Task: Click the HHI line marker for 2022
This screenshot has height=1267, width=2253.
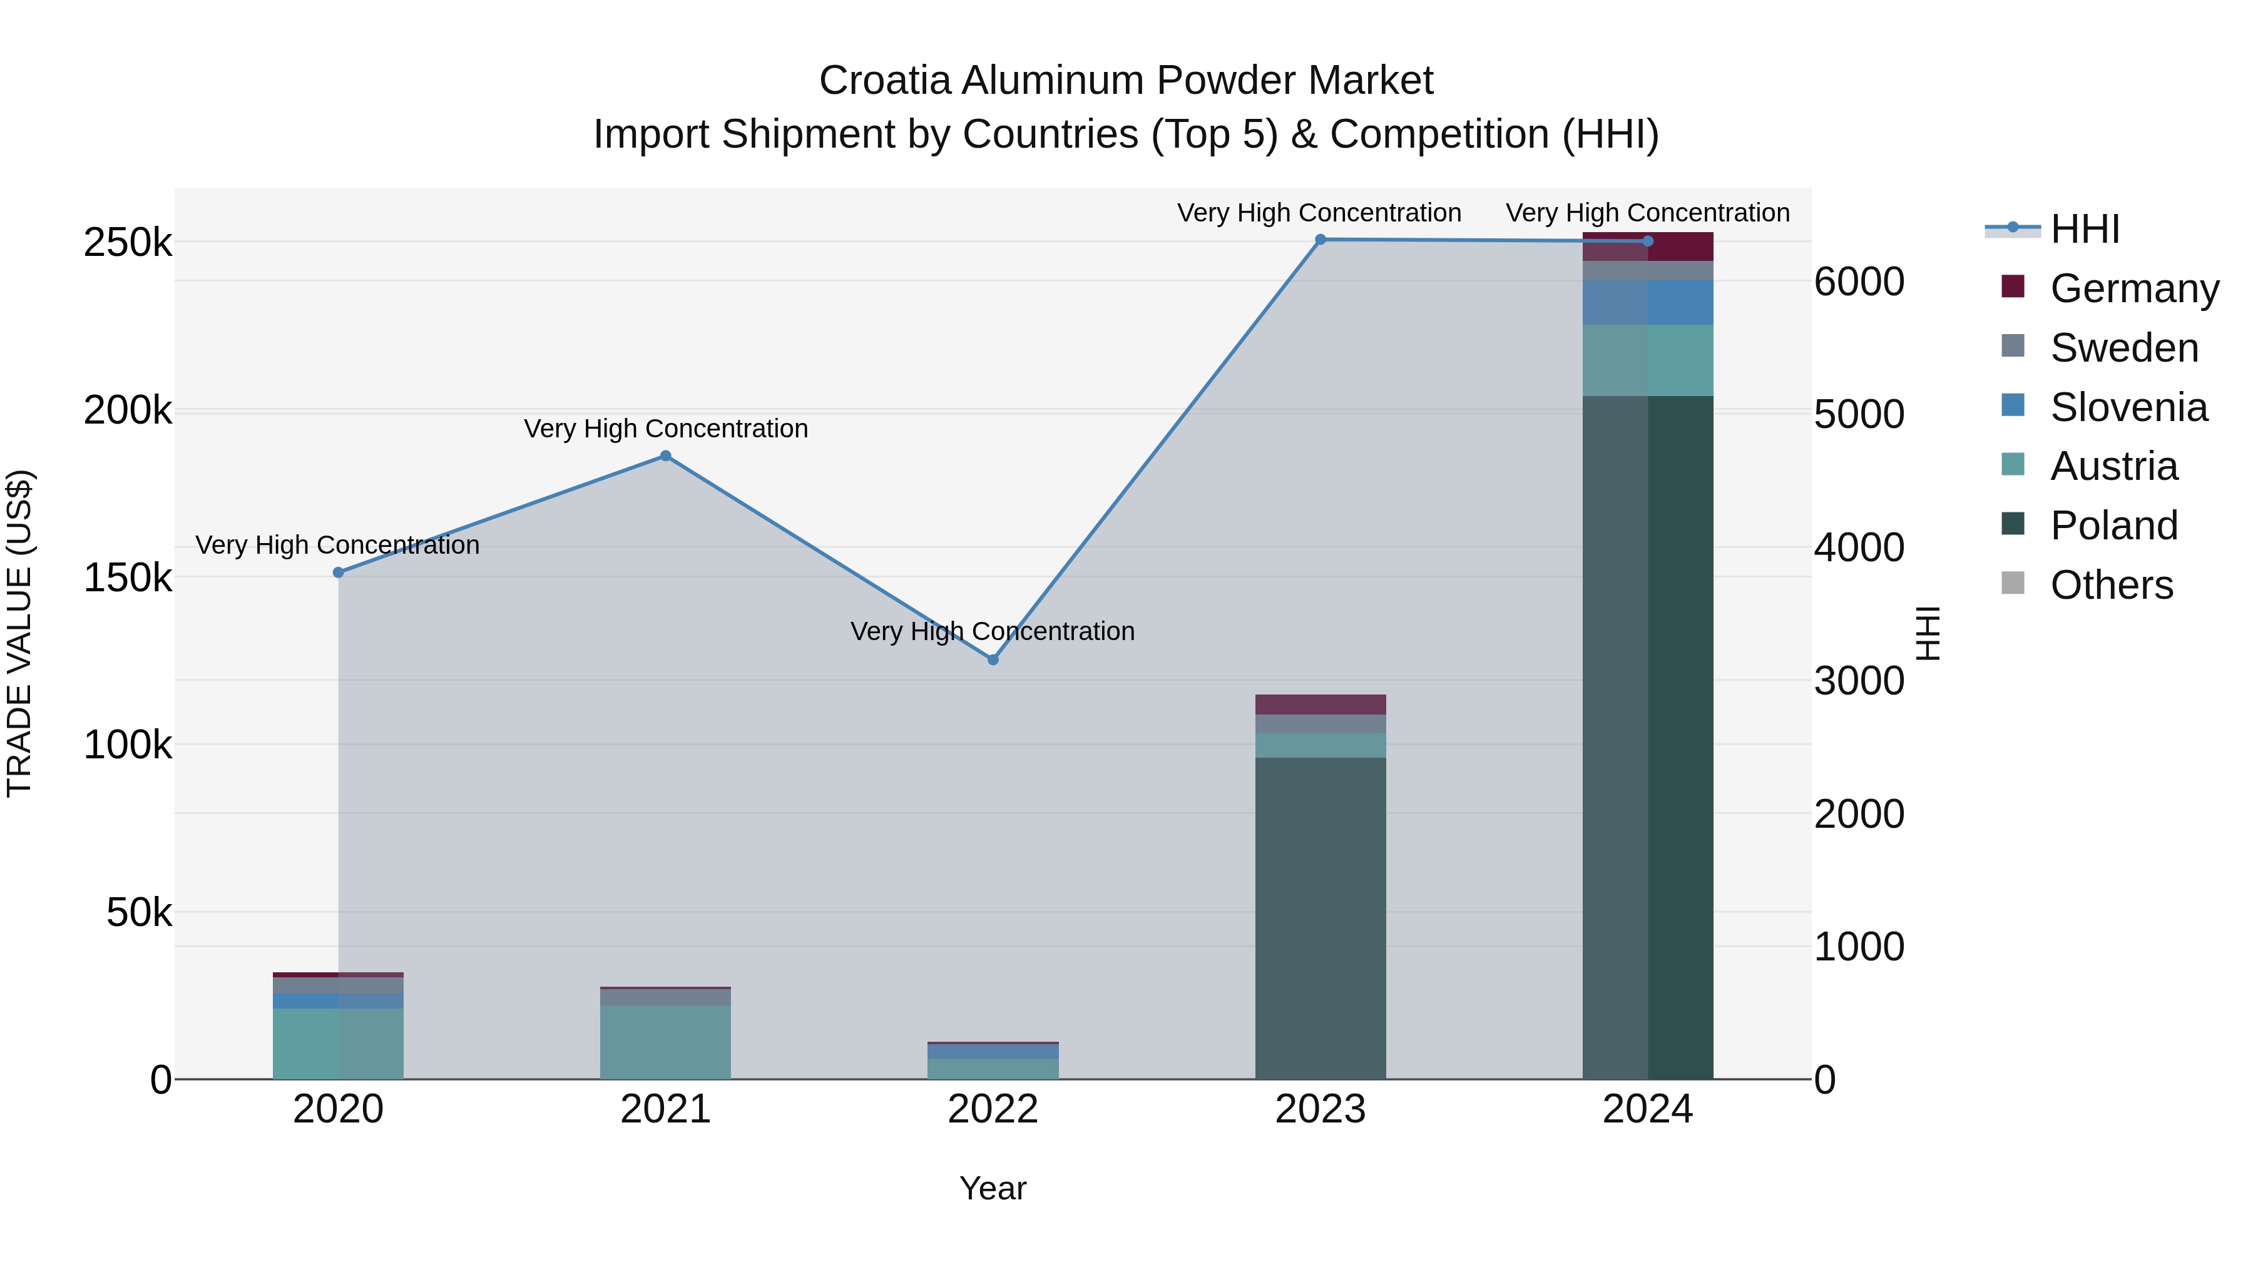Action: click(x=993, y=659)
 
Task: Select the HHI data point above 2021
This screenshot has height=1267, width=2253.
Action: click(x=666, y=455)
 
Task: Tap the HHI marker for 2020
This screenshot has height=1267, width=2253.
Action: click(x=339, y=572)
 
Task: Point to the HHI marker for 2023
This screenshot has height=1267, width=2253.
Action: click(x=1321, y=240)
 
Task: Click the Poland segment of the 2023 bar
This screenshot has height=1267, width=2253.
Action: click(x=1321, y=918)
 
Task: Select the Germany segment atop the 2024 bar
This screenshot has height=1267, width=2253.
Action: click(x=1648, y=247)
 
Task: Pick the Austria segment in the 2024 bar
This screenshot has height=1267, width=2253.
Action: click(x=1648, y=360)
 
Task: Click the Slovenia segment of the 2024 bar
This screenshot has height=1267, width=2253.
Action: click(x=1648, y=303)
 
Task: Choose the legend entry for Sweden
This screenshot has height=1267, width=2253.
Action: click(x=2123, y=348)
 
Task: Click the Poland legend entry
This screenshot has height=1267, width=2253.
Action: click(x=2114, y=526)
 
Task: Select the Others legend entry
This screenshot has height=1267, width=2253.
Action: click(x=2112, y=585)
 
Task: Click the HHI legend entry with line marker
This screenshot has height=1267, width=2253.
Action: click(x=2084, y=229)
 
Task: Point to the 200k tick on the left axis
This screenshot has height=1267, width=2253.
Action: click(x=128, y=410)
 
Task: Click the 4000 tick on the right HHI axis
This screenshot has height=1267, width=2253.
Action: click(x=1859, y=547)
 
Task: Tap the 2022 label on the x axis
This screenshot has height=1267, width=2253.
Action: click(x=993, y=1109)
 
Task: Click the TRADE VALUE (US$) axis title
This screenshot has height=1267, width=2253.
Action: click(x=19, y=633)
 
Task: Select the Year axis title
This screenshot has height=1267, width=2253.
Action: click(x=993, y=1188)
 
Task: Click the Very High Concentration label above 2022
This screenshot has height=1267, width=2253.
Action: click(x=993, y=631)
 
